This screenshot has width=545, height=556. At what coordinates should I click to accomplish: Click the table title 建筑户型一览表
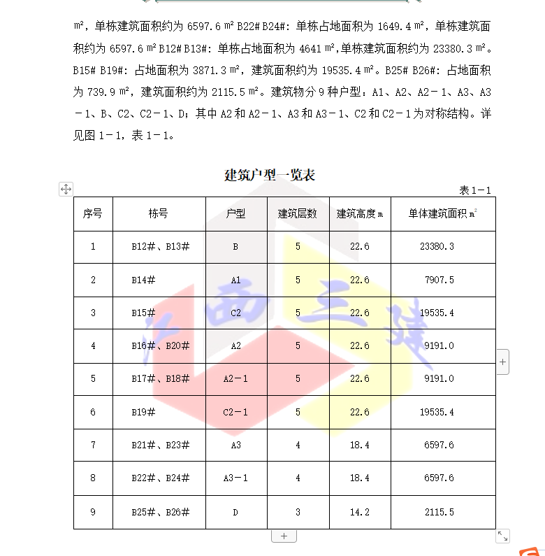[270, 175]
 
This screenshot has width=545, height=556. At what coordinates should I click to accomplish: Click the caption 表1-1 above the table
[475, 190]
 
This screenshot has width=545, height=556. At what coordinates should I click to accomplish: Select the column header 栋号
[159, 214]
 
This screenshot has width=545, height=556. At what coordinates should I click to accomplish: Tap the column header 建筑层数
[298, 214]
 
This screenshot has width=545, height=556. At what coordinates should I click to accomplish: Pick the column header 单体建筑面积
[442, 214]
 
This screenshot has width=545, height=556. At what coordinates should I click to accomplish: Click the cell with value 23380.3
[437, 247]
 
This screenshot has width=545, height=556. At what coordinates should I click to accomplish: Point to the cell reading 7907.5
[439, 280]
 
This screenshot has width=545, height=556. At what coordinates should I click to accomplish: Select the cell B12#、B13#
[160, 247]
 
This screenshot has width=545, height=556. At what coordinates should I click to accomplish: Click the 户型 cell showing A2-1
[235, 379]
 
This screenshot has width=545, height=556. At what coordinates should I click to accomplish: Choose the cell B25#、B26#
[160, 513]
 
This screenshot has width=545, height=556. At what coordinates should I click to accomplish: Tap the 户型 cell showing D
[235, 513]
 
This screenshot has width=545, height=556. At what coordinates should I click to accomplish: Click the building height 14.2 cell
[360, 513]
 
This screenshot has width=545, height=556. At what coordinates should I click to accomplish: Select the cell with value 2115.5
[439, 513]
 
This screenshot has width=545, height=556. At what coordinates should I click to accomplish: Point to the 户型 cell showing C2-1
[235, 413]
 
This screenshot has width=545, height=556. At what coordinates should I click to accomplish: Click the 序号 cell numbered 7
[93, 445]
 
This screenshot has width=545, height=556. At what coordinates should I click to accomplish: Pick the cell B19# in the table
[143, 413]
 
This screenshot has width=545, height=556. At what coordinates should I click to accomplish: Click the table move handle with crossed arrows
[66, 189]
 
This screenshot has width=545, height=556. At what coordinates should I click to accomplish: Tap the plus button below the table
[284, 536]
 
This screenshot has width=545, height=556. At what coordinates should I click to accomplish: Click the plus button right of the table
[503, 362]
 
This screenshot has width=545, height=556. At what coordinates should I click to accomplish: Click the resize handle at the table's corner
[502, 536]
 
